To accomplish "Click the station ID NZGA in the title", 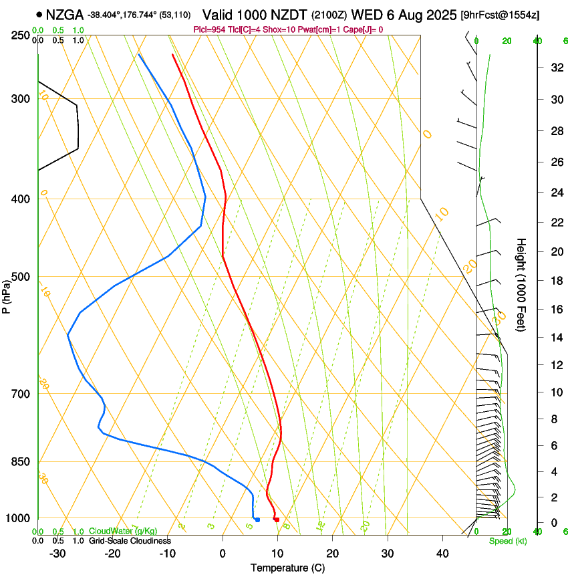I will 65,14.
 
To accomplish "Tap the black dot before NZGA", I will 39,14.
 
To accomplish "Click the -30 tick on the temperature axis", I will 57,554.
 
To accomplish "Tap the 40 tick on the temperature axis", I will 442,554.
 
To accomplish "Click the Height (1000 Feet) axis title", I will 521,284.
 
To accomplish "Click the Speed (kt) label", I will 507,541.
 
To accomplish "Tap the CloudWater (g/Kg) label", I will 123,531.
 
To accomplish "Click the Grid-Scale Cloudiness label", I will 130,541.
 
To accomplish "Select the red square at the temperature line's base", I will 276,520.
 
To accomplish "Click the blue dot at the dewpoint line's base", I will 257,520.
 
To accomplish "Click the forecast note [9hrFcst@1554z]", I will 501,14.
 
